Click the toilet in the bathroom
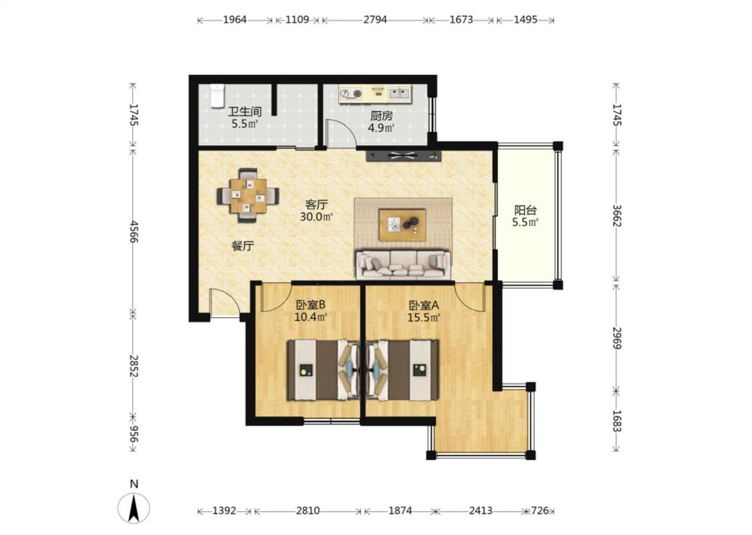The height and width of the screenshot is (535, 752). pyautogui.click(x=217, y=96)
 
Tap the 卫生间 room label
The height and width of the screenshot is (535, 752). pyautogui.click(x=245, y=112)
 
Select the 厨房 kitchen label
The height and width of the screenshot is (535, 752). pyautogui.click(x=381, y=116)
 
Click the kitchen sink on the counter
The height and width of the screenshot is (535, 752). pyautogui.click(x=400, y=92)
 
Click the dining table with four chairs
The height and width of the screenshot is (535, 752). pyautogui.click(x=248, y=195)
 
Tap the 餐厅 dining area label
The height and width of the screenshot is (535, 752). pyautogui.click(x=243, y=246)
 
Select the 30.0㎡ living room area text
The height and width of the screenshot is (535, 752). pyautogui.click(x=317, y=217)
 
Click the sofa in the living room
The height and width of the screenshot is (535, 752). pyautogui.click(x=403, y=264)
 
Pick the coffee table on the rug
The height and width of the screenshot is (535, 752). pyautogui.click(x=402, y=225)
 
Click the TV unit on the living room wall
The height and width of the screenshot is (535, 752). pyautogui.click(x=403, y=155)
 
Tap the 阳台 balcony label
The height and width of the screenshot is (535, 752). pyautogui.click(x=525, y=210)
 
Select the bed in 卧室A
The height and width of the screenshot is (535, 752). pyautogui.click(x=402, y=370)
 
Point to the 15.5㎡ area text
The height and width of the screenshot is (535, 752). pyautogui.click(x=424, y=318)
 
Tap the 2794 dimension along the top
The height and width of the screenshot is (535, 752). pyautogui.click(x=375, y=19)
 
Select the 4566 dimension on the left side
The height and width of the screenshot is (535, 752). pyautogui.click(x=134, y=232)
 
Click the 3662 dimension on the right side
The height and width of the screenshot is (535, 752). pyautogui.click(x=617, y=215)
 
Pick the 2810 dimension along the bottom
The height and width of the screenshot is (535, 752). pyautogui.click(x=307, y=510)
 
